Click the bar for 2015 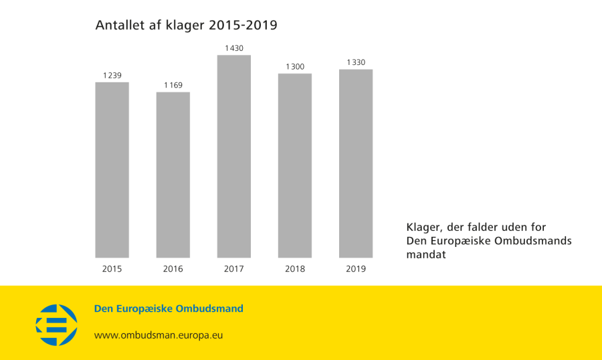[112, 170]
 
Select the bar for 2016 [173, 175]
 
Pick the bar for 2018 [295, 165]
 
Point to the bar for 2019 [356, 163]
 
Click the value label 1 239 [112, 76]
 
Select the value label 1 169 [173, 85]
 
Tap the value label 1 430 [234, 48]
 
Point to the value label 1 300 [295, 66]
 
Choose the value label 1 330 [356, 62]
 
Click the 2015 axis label [112, 269]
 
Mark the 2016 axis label [173, 269]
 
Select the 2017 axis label [234, 269]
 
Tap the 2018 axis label [295, 269]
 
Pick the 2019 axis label [356, 269]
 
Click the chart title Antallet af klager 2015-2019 [186, 25]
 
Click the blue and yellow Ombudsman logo [56, 325]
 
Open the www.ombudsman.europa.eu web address [158, 335]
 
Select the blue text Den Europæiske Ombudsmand [169, 308]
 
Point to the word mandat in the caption [425, 255]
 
